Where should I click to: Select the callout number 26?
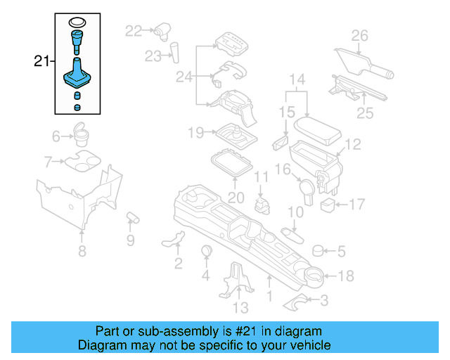click(359, 35)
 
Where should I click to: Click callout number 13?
click(240, 307)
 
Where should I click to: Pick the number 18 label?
click(346, 276)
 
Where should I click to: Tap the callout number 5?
click(340, 250)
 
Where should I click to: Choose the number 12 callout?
click(353, 144)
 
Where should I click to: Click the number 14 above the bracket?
click(297, 79)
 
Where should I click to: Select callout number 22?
click(134, 30)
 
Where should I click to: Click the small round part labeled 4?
click(207, 252)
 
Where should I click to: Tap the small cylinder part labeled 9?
click(131, 218)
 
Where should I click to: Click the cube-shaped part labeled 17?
click(326, 205)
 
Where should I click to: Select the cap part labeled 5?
click(318, 250)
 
